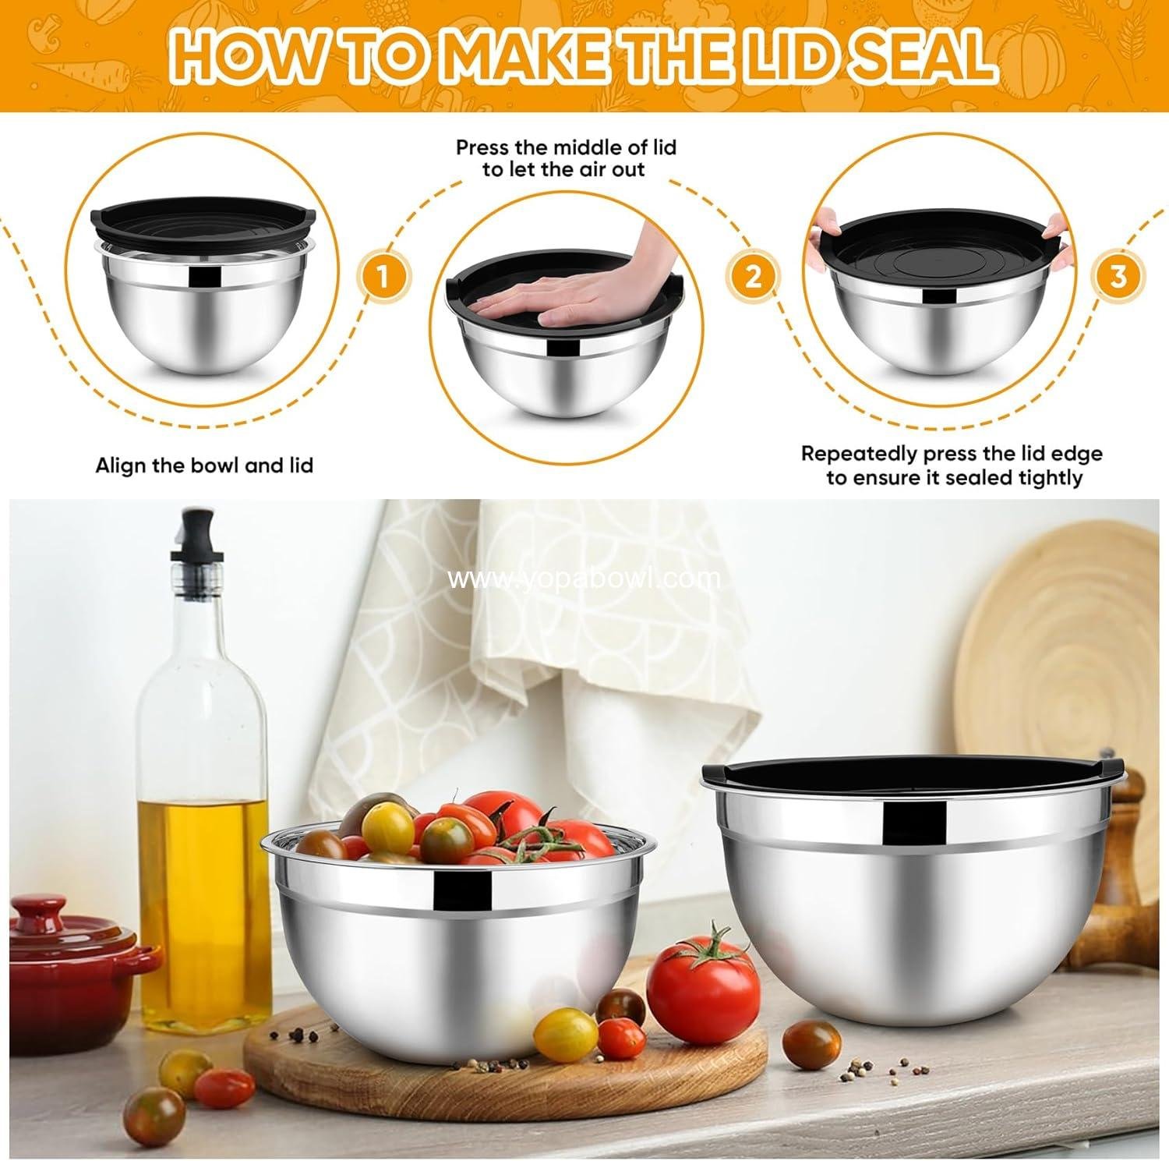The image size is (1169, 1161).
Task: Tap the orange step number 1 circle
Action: point(383,277)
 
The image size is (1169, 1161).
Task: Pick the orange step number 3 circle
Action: point(1118,277)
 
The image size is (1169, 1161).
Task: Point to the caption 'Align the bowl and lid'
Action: point(204,466)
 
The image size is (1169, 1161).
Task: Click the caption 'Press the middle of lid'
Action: point(566,147)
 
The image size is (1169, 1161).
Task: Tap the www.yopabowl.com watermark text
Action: point(584,579)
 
